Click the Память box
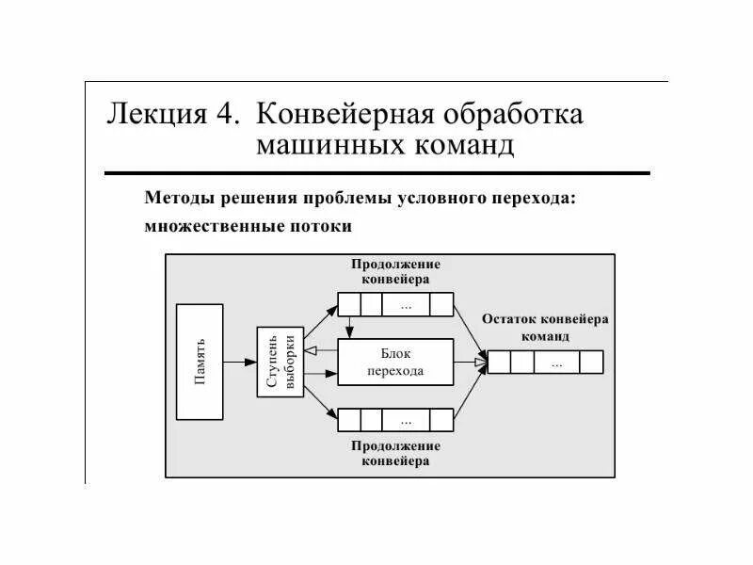pyautogui.click(x=200, y=362)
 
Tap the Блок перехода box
pyautogui.click(x=395, y=362)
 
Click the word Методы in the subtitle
pyautogui.click(x=180, y=199)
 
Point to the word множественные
pyautogui.click(x=211, y=226)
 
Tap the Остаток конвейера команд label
pyautogui.click(x=545, y=327)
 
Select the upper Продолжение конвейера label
pyautogui.click(x=395, y=271)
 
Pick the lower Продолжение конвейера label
pyautogui.click(x=395, y=453)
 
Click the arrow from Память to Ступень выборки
pyautogui.click(x=240, y=362)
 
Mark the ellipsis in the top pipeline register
pyautogui.click(x=406, y=305)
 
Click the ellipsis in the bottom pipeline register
pyautogui.click(x=406, y=419)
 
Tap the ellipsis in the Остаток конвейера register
pyautogui.click(x=557, y=363)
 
